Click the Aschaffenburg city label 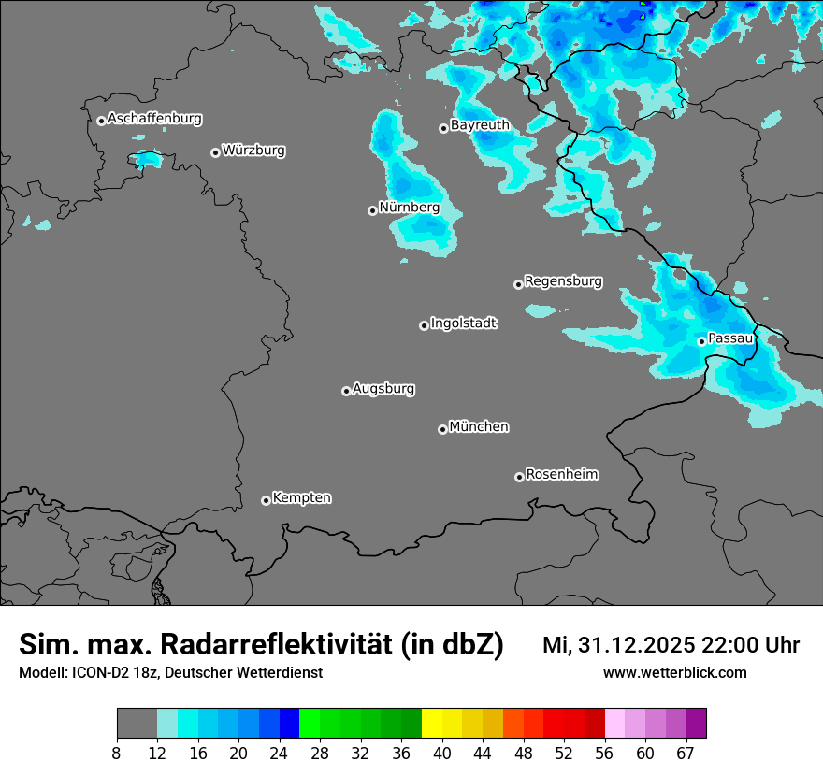[154, 119]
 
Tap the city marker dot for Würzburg [215, 152]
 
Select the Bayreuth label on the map [480, 125]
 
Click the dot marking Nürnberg [372, 210]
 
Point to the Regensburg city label [563, 281]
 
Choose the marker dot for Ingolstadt [424, 325]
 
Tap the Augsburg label [383, 389]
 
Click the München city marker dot [442, 429]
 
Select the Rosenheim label [561, 475]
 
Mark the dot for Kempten [266, 500]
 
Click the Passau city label [730, 338]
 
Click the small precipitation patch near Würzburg [148, 161]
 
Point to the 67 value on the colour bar [686, 753]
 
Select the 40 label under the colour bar [442, 753]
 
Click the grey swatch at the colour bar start [137, 724]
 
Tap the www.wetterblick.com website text [674, 673]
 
